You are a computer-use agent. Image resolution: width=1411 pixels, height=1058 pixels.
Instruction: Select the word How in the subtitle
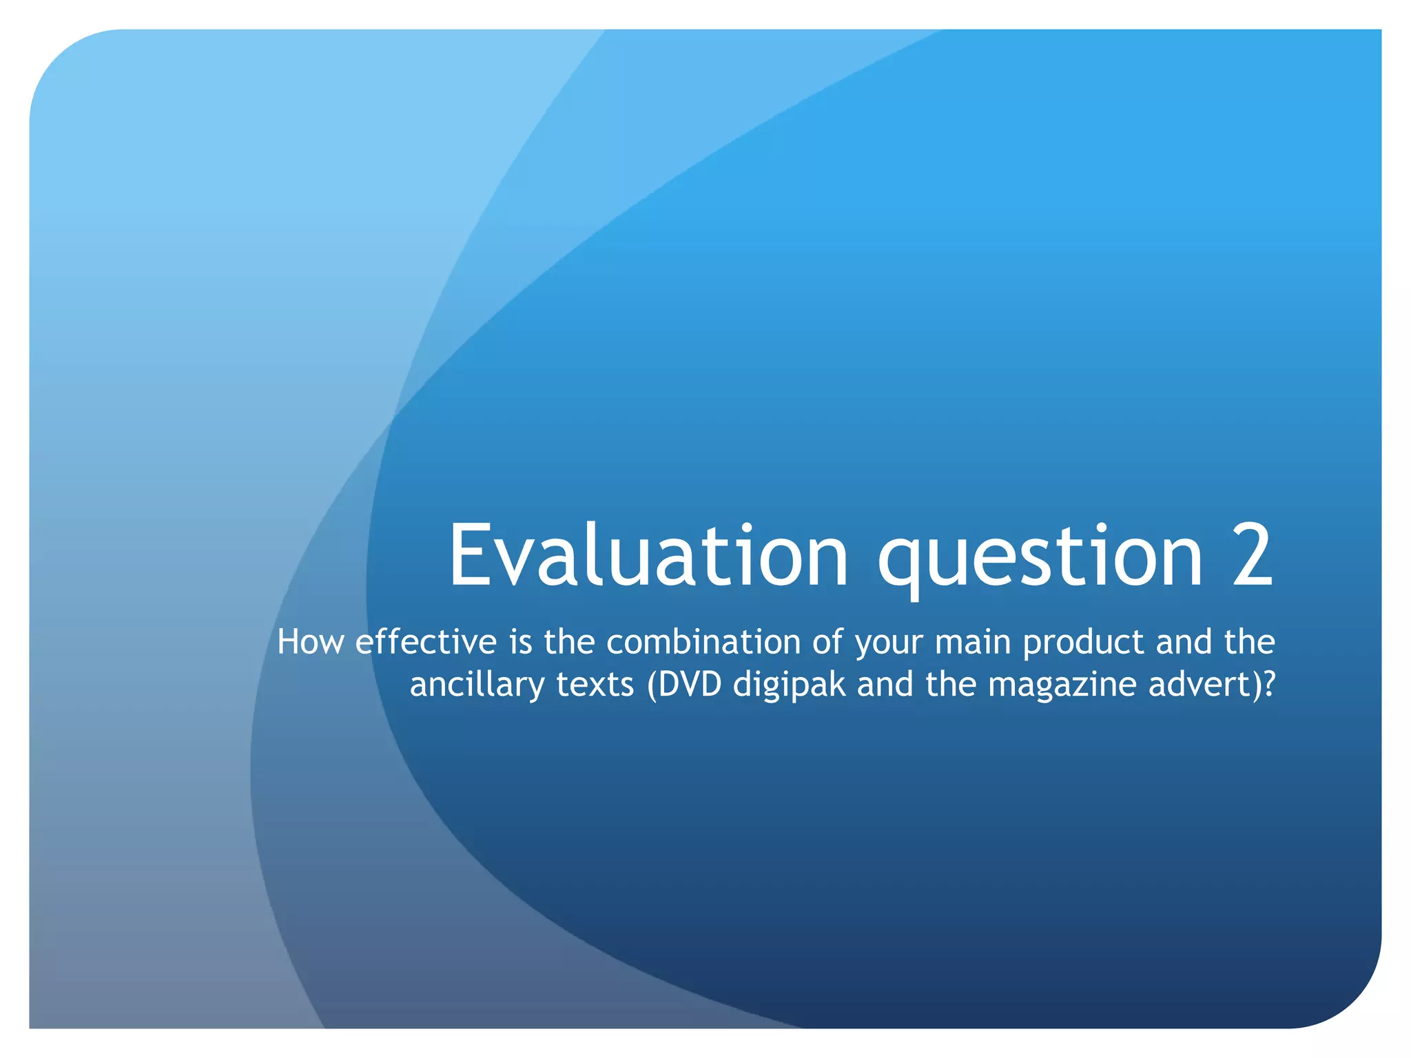click(x=310, y=642)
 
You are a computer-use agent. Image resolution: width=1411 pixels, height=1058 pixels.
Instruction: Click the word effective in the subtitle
click(x=426, y=642)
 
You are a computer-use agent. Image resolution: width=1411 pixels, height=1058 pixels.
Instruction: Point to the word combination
click(x=702, y=642)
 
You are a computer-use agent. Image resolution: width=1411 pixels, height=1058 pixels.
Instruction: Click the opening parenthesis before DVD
click(x=651, y=685)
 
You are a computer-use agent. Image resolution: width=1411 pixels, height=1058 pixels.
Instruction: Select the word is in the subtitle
click(x=520, y=642)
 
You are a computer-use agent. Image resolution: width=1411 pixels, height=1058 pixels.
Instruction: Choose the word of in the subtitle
click(x=827, y=642)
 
